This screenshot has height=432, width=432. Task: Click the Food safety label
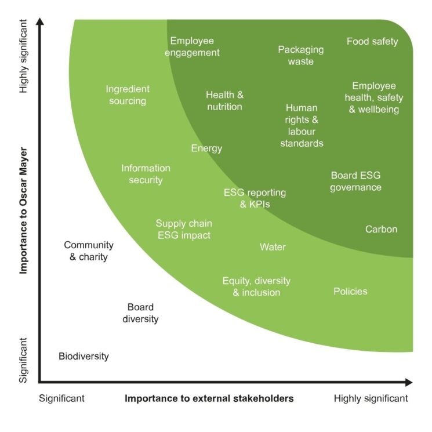pyautogui.click(x=372, y=41)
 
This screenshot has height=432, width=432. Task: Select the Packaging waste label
pyautogui.click(x=300, y=56)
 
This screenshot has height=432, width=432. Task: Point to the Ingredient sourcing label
pyautogui.click(x=128, y=95)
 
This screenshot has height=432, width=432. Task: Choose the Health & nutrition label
pyautogui.click(x=224, y=101)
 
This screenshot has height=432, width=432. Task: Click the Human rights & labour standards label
pyautogui.click(x=302, y=126)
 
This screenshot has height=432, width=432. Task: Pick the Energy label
pyautogui.click(x=206, y=148)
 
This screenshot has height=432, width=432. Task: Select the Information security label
pyautogui.click(x=146, y=174)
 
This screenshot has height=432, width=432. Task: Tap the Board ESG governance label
pyautogui.click(x=355, y=181)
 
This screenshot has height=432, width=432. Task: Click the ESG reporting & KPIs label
pyautogui.click(x=255, y=198)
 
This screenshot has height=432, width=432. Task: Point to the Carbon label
pyautogui.click(x=381, y=229)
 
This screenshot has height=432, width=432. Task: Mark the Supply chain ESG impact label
pyautogui.click(x=184, y=230)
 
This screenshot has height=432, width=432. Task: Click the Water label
pyautogui.click(x=273, y=247)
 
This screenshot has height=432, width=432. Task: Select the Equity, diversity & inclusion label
pyautogui.click(x=256, y=286)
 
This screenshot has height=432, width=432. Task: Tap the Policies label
pyautogui.click(x=350, y=291)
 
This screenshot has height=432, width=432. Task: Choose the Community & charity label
pyautogui.click(x=89, y=251)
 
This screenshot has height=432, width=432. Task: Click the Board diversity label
pyautogui.click(x=140, y=313)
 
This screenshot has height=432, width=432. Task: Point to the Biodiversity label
pyautogui.click(x=84, y=356)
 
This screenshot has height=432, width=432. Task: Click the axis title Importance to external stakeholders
pyautogui.click(x=209, y=398)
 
